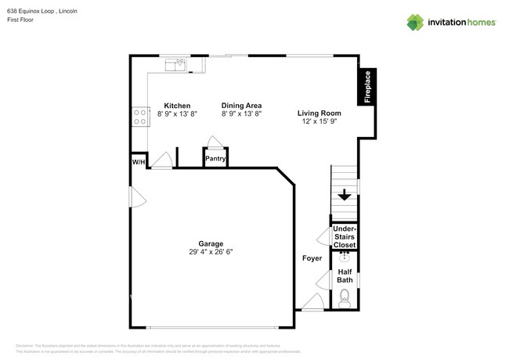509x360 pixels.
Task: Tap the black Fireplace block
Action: pyautogui.click(x=366, y=86)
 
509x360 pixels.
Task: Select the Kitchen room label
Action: pyautogui.click(x=177, y=105)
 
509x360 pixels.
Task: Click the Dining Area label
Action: pyautogui.click(x=241, y=105)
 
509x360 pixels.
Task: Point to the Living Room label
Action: pyautogui.click(x=316, y=113)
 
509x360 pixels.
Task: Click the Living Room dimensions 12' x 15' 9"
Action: pyautogui.click(x=316, y=122)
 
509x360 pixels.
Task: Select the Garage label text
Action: pyautogui.click(x=211, y=243)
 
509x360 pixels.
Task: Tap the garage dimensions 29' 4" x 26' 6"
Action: pyautogui.click(x=211, y=252)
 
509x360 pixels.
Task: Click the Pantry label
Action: pyautogui.click(x=215, y=159)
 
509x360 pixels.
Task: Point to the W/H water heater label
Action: pyautogui.click(x=139, y=161)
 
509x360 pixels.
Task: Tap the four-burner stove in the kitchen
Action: pyautogui.click(x=140, y=117)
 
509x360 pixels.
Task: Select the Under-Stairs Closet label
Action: pyautogui.click(x=345, y=237)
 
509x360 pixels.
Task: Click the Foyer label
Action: pyautogui.click(x=312, y=257)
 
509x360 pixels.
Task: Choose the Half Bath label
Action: pyautogui.click(x=345, y=275)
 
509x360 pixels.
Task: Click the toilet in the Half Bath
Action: pyautogui.click(x=345, y=297)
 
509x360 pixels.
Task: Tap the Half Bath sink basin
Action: pyautogui.click(x=345, y=254)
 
